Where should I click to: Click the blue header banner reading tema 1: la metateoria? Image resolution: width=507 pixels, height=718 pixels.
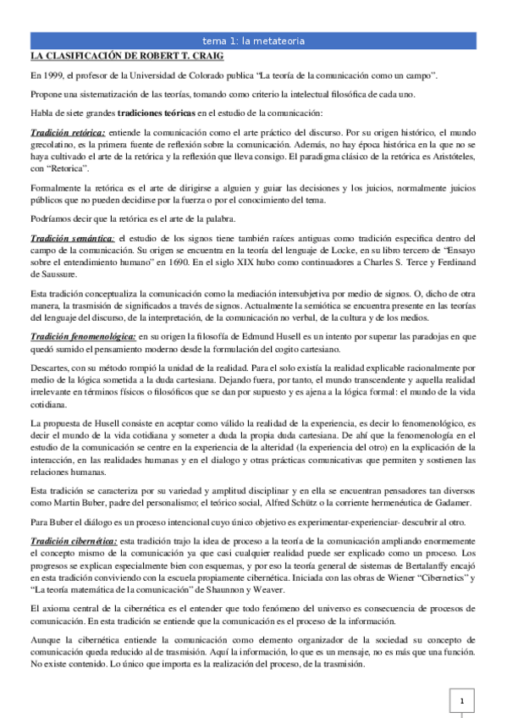pos(253,41)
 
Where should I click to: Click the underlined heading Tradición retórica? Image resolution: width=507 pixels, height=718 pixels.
pos(68,133)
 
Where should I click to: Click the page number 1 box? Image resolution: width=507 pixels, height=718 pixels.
pos(462,703)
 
